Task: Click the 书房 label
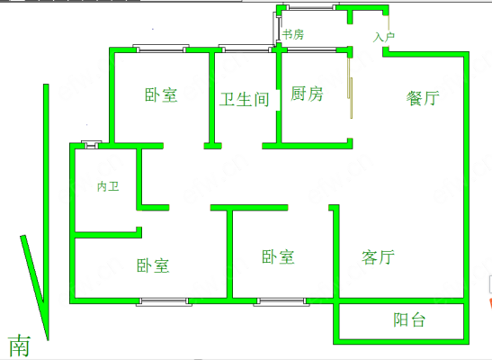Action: click(293, 34)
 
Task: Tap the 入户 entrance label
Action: click(383, 37)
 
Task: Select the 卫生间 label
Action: click(244, 100)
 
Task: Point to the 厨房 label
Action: click(307, 94)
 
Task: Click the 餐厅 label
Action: click(423, 98)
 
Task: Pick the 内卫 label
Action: click(108, 186)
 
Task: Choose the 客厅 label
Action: click(378, 257)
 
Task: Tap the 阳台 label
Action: click(409, 319)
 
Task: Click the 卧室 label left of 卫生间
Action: click(161, 94)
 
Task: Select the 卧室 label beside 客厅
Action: click(278, 256)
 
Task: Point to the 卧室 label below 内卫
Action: click(153, 265)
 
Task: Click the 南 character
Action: click(20, 346)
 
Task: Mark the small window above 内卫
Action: click(92, 145)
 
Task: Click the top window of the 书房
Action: click(309, 7)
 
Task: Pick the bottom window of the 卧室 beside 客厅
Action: click(282, 301)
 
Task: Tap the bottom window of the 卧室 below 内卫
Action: click(164, 301)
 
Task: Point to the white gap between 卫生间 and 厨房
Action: click(278, 100)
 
